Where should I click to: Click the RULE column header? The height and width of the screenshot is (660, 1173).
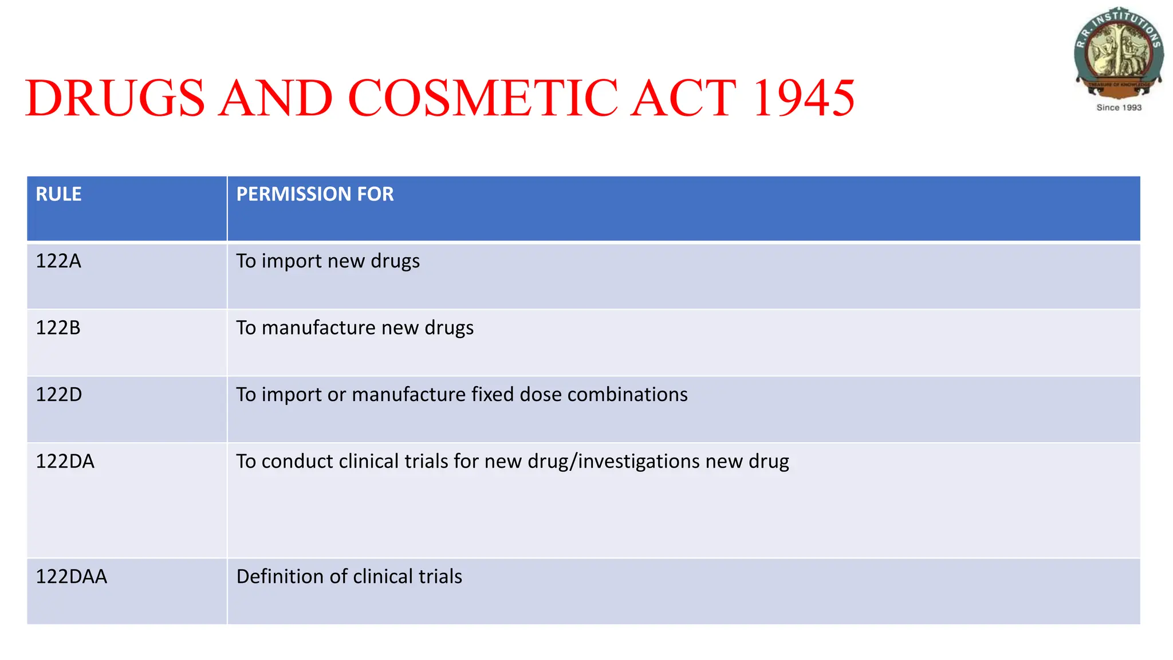(58, 194)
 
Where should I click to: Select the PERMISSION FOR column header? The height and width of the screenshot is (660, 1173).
(314, 194)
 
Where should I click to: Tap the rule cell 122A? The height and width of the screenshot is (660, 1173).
(58, 261)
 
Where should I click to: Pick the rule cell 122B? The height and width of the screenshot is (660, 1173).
(58, 328)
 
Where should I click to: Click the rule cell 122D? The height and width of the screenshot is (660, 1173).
(59, 395)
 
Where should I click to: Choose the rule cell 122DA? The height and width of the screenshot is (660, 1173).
(65, 461)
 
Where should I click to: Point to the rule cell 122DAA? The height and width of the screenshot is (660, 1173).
(71, 576)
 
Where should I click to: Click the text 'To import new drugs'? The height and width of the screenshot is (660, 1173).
(328, 261)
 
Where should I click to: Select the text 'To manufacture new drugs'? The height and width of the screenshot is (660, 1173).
(355, 328)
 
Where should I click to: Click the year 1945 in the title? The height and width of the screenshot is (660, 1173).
(804, 98)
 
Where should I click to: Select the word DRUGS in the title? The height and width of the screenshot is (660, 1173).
(115, 98)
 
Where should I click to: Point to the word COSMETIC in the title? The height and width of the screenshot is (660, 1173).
(483, 98)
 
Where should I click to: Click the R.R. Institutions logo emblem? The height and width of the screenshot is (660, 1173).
(1119, 52)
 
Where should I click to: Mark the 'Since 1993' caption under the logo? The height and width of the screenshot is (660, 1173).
(1119, 108)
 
